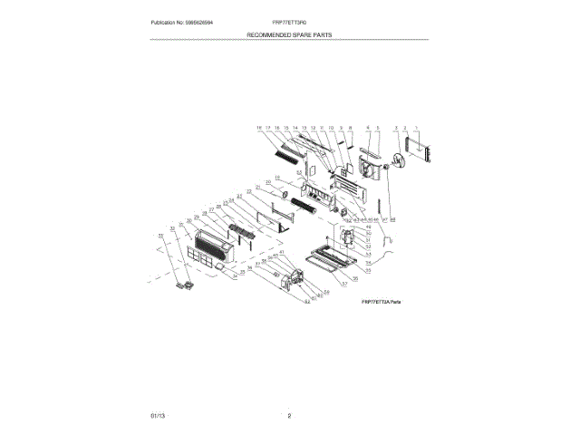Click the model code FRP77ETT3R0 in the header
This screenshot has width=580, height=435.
[x=289, y=21]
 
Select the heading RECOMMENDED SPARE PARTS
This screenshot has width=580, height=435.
[x=289, y=34]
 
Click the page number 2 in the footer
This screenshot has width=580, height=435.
[x=289, y=415]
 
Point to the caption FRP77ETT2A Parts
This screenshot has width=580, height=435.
[x=381, y=301]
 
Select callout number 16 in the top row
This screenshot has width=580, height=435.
[x=259, y=129]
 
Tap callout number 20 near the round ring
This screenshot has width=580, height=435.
[x=268, y=182]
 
